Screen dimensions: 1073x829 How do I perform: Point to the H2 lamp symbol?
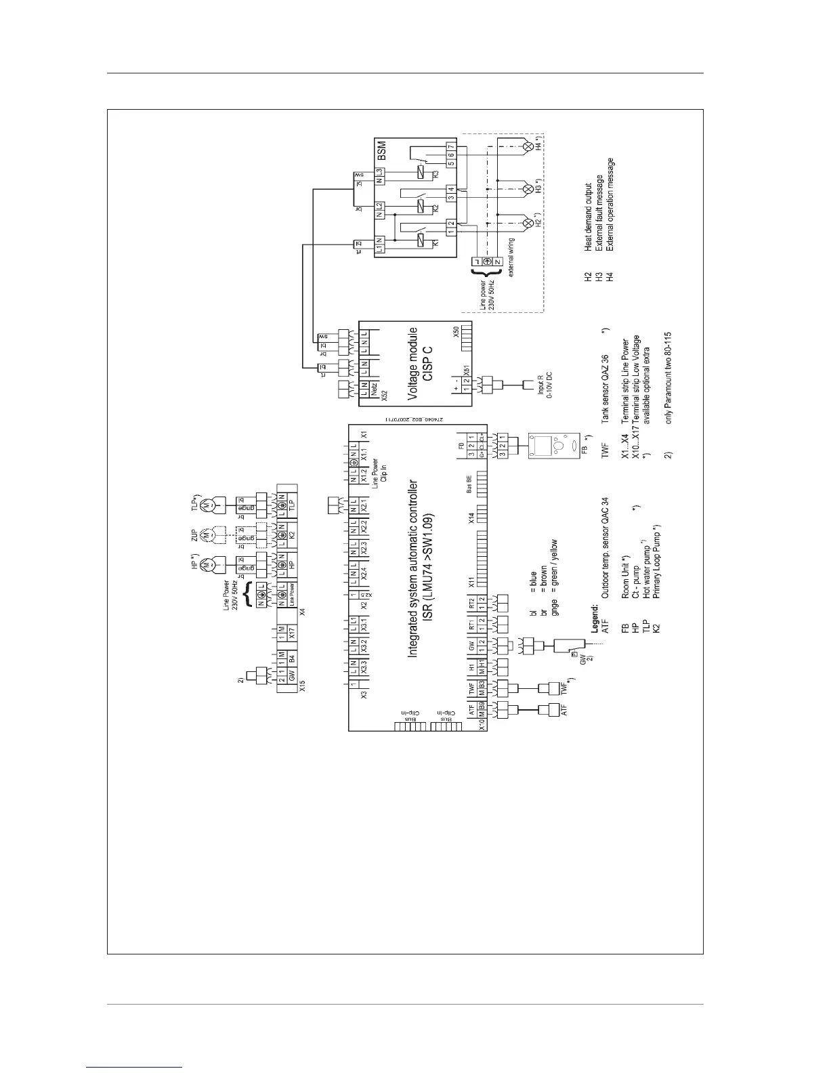click(x=528, y=222)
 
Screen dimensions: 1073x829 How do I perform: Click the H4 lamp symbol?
click(x=528, y=146)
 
